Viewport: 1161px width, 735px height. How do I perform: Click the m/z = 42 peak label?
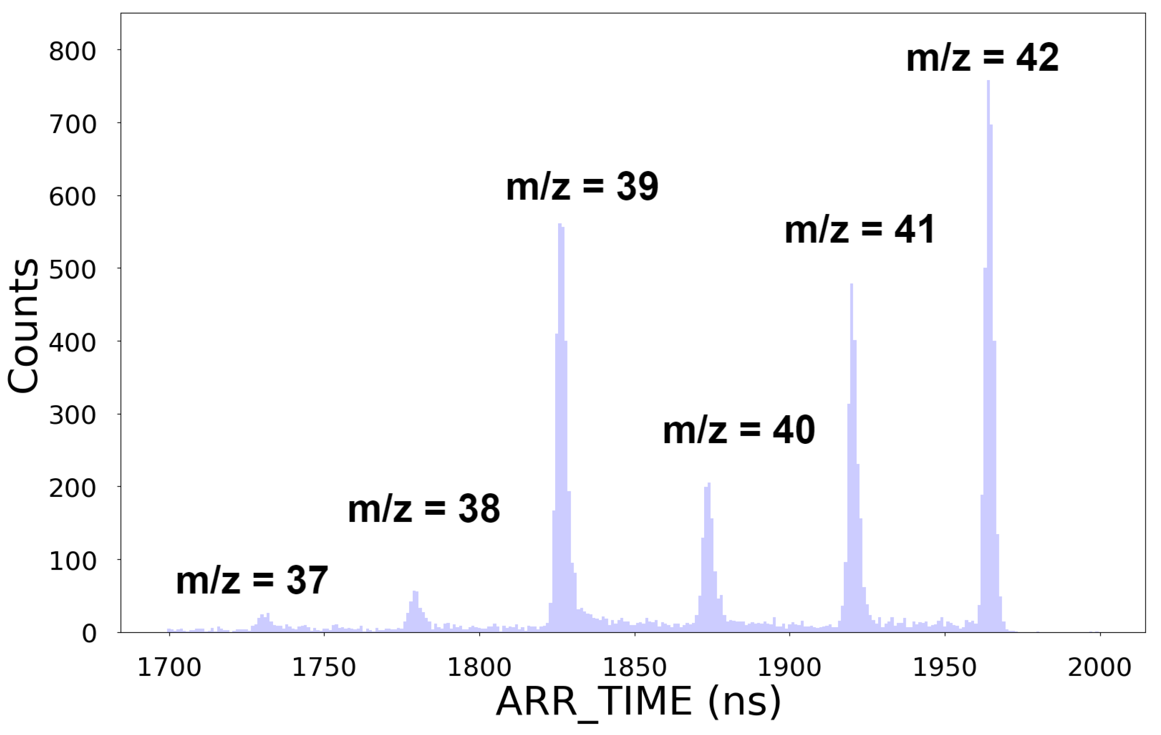click(982, 58)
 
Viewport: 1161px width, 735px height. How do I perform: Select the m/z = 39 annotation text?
click(582, 187)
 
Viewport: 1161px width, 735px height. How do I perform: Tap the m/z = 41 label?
click(860, 230)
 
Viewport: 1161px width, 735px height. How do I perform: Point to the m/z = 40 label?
click(738, 430)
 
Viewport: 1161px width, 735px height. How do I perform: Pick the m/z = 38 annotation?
click(424, 509)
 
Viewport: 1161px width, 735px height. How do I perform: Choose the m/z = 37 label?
click(252, 581)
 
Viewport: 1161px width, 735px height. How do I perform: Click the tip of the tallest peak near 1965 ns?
click(988, 82)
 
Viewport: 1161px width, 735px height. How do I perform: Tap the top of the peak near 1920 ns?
click(852, 285)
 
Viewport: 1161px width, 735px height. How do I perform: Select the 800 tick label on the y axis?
click(72, 51)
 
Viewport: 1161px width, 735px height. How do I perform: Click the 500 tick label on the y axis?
click(72, 269)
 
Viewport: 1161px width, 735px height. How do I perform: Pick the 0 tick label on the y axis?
click(89, 633)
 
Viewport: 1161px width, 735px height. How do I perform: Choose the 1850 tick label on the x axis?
click(634, 668)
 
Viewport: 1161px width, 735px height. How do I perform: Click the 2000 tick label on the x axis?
click(1099, 668)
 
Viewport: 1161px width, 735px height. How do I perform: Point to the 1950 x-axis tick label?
click(945, 668)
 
